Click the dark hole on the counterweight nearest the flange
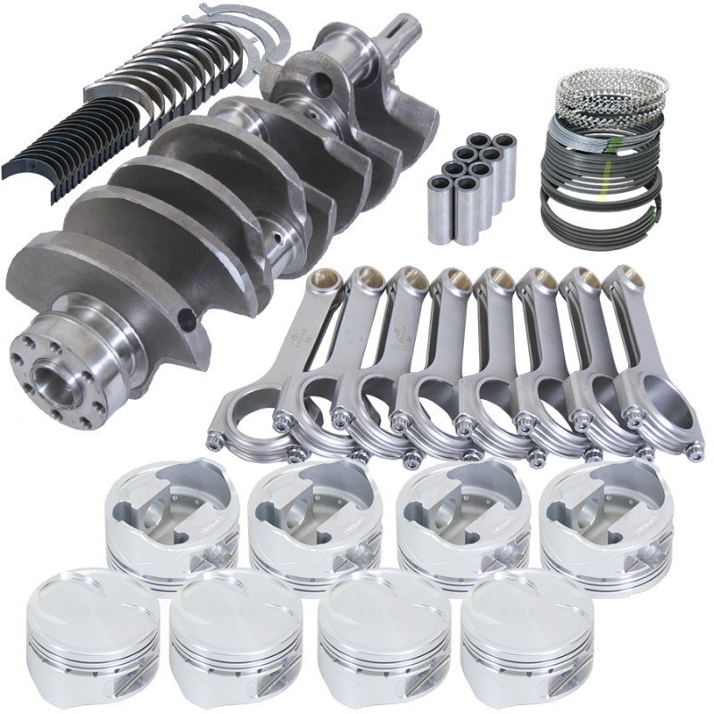[x=185, y=316]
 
